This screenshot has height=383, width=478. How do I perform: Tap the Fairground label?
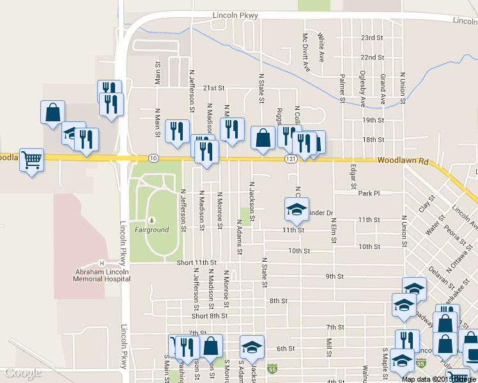(x=152, y=229)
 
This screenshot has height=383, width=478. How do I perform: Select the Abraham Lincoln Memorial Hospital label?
(x=102, y=275)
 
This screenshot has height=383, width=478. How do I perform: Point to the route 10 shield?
(x=152, y=158)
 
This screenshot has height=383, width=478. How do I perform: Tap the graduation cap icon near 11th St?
(x=297, y=208)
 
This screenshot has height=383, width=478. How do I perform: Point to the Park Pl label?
(x=369, y=193)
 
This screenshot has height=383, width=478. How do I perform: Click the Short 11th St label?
(x=196, y=262)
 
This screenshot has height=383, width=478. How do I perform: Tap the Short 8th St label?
(x=210, y=316)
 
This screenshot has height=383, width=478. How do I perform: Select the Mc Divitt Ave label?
(x=306, y=52)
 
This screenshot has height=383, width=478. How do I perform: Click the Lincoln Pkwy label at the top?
(x=235, y=15)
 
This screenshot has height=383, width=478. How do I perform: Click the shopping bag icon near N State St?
(x=263, y=137)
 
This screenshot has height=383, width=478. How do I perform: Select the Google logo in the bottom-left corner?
(x=23, y=373)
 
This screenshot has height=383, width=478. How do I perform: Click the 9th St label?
(x=334, y=276)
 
